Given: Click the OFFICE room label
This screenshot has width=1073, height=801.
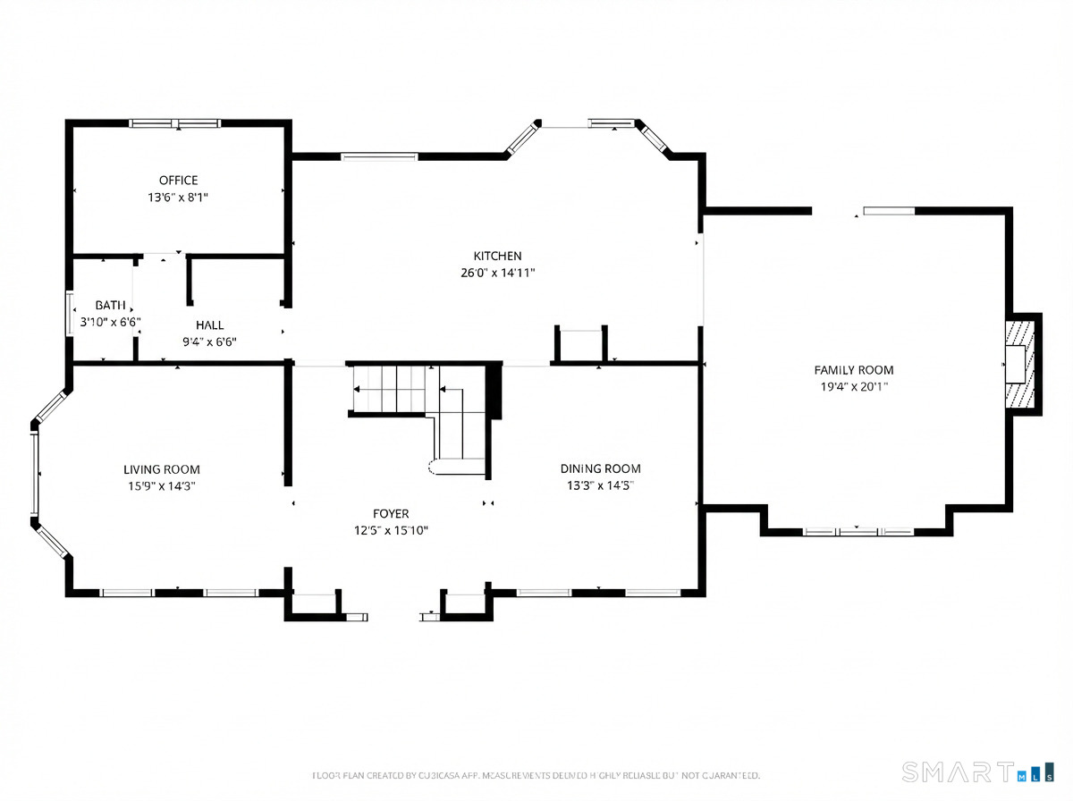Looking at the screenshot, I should point(178,181).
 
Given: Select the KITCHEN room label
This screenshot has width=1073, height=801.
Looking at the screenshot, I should point(497,257).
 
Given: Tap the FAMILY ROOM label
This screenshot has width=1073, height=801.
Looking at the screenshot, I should point(853,370).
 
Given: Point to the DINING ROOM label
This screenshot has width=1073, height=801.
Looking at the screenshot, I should point(600,468).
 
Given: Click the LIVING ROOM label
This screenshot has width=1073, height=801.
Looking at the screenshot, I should point(161,469).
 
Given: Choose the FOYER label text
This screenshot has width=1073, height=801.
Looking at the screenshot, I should point(391,514).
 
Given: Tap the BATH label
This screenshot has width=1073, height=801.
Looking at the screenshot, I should point(111,306).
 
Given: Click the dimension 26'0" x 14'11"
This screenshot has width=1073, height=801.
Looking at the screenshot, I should point(497,274).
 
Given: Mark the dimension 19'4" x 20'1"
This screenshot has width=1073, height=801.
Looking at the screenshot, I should point(853,387).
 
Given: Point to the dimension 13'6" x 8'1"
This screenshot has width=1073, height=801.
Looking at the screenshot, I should point(178,198).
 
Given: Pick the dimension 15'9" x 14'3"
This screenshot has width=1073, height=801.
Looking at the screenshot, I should point(161,486).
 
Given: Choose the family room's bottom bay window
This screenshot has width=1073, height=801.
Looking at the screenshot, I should point(858,532).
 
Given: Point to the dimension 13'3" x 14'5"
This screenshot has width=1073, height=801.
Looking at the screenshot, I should point(600,485).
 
